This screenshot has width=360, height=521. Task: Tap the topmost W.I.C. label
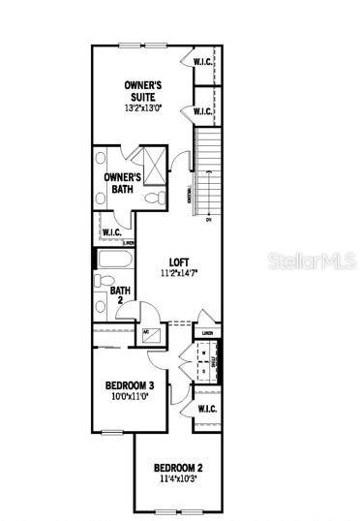203,62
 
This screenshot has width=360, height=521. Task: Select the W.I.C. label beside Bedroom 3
206,408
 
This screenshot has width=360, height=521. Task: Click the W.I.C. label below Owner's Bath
110,232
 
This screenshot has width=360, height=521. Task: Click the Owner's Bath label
122,183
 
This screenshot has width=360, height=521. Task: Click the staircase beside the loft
207,173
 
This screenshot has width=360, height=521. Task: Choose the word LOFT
179,261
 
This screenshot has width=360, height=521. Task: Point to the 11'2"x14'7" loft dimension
179,275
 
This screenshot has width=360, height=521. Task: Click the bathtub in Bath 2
114,260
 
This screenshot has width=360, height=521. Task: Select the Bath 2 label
120,293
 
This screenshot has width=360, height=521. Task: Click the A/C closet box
151,335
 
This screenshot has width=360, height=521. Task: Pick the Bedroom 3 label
136,385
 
